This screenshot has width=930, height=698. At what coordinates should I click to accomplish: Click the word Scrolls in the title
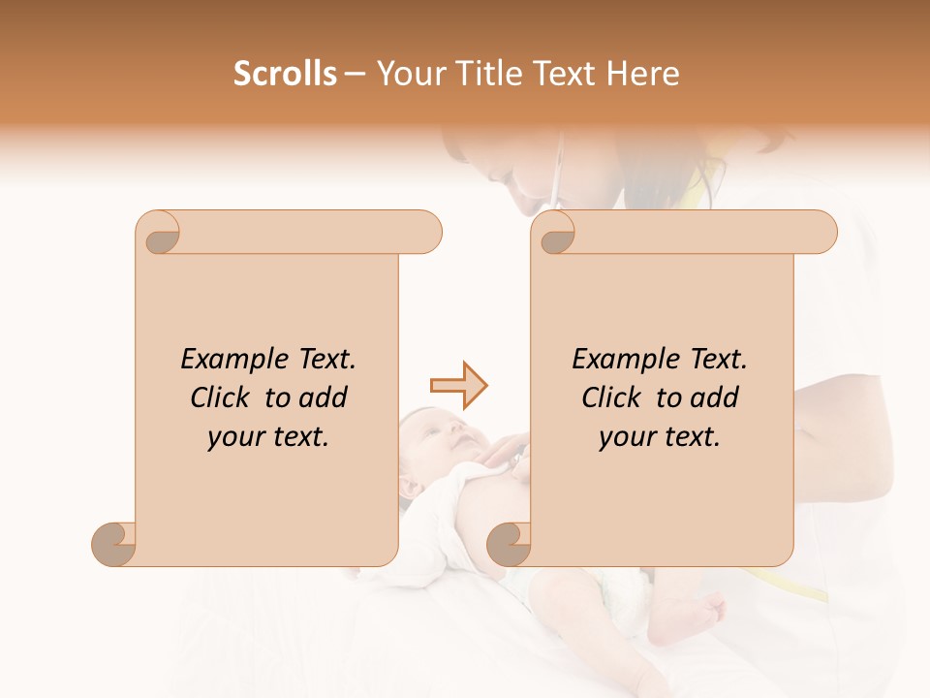click(x=285, y=74)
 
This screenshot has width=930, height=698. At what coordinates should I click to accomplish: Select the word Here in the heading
click(x=643, y=74)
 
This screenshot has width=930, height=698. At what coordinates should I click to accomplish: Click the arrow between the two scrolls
click(x=459, y=386)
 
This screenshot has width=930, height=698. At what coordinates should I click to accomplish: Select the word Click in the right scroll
click(x=610, y=397)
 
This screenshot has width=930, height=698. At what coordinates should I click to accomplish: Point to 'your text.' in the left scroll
click(x=268, y=437)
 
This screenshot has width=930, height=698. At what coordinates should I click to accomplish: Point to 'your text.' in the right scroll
click(x=660, y=437)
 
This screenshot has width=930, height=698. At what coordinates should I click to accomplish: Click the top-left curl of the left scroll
click(x=159, y=234)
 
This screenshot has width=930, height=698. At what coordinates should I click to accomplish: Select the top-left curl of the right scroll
click(x=555, y=234)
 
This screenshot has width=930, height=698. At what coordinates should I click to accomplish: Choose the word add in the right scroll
click(x=713, y=397)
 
